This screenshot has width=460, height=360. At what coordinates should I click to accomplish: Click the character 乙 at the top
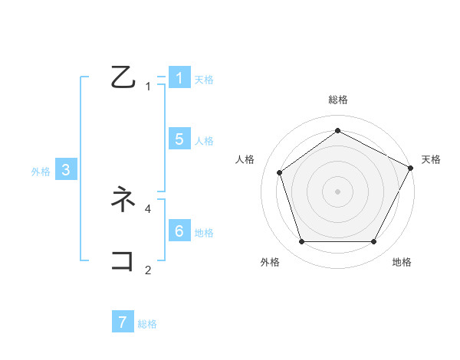[x=123, y=77]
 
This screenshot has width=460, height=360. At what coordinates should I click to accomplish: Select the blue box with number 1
[x=179, y=77]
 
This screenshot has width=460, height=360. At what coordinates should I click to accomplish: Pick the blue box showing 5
[x=179, y=139]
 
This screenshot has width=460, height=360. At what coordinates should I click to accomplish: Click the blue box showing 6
[x=179, y=231]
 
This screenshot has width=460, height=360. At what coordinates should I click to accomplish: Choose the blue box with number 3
[x=66, y=170]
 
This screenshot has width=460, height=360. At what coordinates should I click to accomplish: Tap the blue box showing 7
[x=123, y=322]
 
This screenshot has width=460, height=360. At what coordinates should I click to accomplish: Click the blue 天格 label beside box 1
[x=204, y=79]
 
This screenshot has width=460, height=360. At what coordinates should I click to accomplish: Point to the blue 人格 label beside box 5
[x=204, y=141]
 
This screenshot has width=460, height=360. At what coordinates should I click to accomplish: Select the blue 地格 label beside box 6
[x=204, y=233]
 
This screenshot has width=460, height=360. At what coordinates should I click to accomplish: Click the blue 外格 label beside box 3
[x=41, y=172]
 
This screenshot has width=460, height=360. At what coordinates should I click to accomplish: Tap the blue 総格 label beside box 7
[x=147, y=324]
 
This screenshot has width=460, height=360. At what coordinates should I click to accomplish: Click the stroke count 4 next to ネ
[x=148, y=208]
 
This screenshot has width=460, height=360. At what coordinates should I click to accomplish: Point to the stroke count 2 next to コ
[x=148, y=270]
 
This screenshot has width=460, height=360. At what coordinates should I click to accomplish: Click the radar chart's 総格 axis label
[x=337, y=100]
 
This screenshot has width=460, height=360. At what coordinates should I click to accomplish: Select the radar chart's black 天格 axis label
[x=431, y=159]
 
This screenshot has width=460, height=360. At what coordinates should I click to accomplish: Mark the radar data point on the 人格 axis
[x=280, y=172]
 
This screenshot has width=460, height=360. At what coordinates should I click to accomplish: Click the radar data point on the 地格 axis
[x=374, y=242]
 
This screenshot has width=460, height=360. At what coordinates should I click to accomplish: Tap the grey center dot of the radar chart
[x=337, y=191]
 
